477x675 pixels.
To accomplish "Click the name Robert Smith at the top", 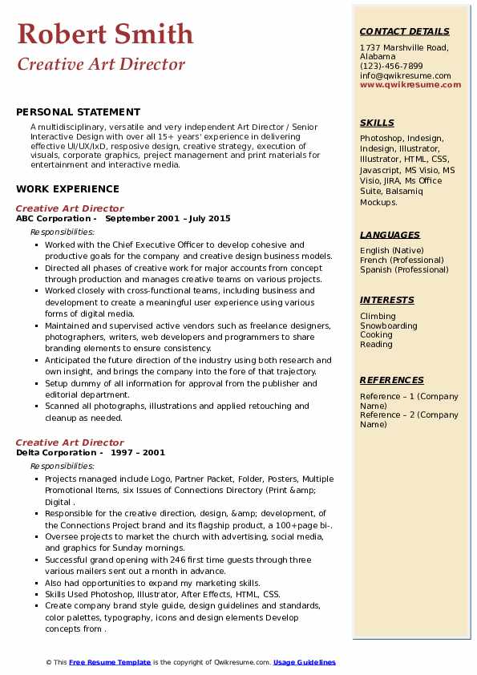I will pos(105,34).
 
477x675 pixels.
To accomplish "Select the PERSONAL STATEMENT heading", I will pos(78,112).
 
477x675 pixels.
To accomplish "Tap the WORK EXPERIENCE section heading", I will pos(67,189).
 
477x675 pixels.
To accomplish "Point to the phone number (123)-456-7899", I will pos(391,67).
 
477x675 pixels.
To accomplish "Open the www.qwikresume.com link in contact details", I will pos(410,84).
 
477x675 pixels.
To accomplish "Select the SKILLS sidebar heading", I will pos(377,123).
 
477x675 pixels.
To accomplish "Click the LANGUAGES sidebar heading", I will pos(390,235).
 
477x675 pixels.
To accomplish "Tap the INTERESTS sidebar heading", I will pos(387,300).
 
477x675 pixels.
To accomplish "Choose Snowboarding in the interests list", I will pos(388,325).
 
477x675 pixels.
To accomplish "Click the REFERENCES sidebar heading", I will pos(391,380).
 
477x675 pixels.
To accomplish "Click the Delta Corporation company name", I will pos(55,452).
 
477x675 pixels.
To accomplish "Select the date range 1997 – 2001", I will pos(138,452).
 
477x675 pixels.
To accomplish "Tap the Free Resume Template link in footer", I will pos(110,662).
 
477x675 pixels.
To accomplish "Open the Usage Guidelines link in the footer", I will pos(305,662).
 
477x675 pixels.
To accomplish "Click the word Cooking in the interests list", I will pos(376,335).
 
